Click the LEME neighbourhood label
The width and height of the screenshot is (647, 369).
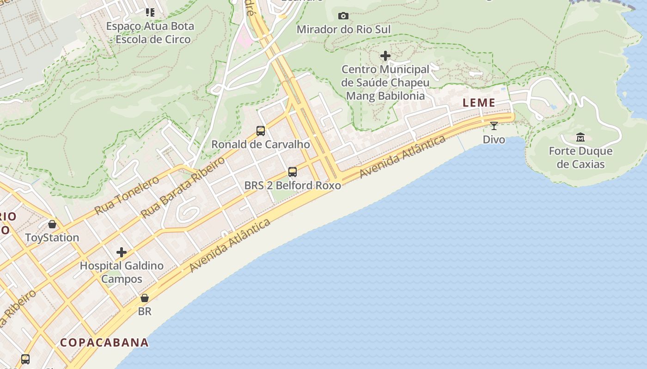pos(479,103)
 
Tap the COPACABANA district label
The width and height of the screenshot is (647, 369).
pos(104,342)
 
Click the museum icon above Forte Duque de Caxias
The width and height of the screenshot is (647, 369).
pos(580,137)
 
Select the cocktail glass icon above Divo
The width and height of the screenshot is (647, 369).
pos(494,125)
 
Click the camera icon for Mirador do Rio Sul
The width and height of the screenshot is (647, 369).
pos(343,16)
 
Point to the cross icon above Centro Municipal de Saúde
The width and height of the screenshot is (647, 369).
pos(385,56)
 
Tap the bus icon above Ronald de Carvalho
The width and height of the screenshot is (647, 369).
pos(261,131)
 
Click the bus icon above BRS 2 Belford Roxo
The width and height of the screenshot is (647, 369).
pos(293,172)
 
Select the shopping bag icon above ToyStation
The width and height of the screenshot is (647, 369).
pos(52,224)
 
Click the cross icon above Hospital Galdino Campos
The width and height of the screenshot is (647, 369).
pos(122,252)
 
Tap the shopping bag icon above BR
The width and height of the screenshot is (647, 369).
pos(145,298)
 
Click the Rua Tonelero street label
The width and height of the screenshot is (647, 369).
pos(127,195)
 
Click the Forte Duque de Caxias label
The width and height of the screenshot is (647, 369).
pos(580,157)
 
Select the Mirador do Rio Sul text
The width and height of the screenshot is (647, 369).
pos(343,30)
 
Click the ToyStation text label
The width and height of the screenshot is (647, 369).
pos(52,238)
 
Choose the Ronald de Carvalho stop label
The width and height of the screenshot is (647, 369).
pos(261,144)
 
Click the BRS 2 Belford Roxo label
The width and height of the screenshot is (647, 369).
pos(293,185)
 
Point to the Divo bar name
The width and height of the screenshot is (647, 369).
pos(494,139)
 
